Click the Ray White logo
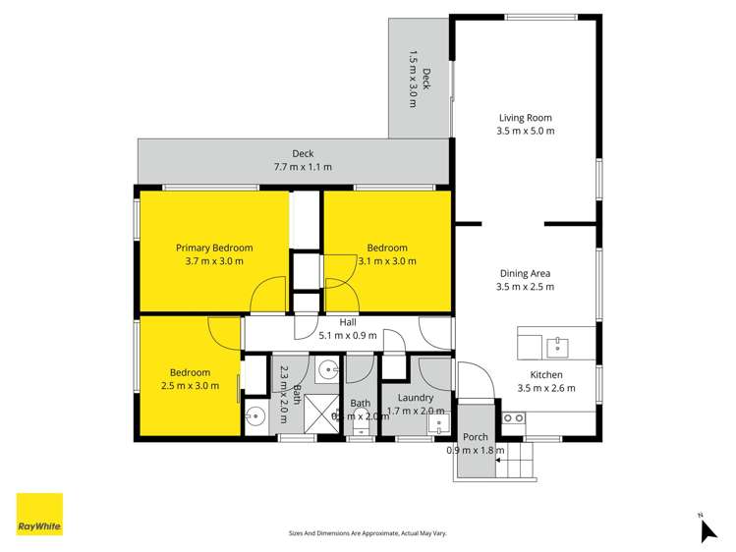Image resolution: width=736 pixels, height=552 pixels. (39, 515)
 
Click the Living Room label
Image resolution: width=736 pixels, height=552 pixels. (525, 118)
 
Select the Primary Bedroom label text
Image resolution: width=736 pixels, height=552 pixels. (214, 248)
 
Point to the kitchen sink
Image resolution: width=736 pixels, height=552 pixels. (557, 345)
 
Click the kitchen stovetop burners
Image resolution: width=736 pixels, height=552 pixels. (513, 418)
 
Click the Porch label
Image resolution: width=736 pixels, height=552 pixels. (476, 437)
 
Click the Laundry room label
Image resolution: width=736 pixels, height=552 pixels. (416, 398)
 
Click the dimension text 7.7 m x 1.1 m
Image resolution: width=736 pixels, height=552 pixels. (303, 167)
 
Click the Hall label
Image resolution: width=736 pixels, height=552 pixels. (348, 322)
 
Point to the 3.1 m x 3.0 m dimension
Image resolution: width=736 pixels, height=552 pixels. (387, 261)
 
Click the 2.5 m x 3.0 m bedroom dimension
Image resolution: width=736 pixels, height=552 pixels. (190, 386)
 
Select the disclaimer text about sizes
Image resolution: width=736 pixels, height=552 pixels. (367, 532)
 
